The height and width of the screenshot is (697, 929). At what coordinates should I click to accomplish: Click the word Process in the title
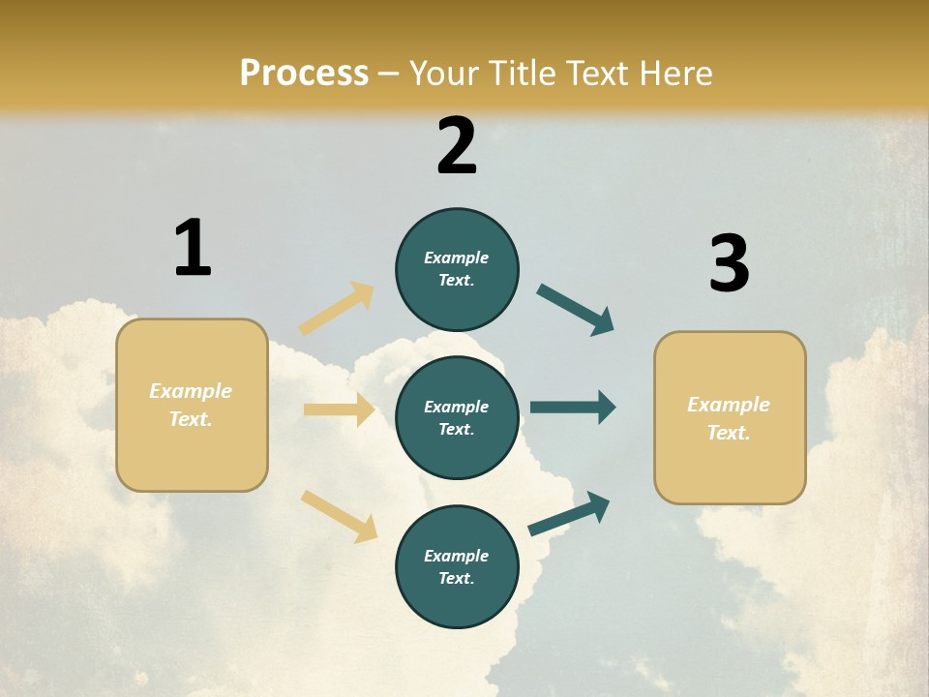(304, 74)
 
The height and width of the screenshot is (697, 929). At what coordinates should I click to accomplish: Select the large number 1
(193, 248)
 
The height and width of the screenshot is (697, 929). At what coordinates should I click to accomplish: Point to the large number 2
(457, 146)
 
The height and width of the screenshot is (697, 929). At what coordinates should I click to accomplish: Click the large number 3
(729, 264)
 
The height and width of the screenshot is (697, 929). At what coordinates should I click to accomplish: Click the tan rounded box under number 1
(192, 405)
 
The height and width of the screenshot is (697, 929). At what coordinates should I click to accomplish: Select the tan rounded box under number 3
(730, 418)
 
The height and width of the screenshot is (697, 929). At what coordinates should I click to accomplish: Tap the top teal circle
(457, 269)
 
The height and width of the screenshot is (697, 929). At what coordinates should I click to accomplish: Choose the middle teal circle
(457, 417)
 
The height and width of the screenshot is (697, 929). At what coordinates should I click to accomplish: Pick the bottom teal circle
(457, 566)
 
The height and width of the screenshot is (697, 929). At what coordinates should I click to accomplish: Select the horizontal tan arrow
(339, 409)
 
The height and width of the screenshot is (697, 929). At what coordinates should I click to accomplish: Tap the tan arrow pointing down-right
(339, 516)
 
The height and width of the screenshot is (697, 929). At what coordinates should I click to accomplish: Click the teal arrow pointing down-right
(576, 310)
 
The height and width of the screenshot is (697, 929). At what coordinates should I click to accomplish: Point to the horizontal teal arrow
(573, 407)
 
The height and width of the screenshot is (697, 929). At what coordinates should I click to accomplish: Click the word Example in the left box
(191, 391)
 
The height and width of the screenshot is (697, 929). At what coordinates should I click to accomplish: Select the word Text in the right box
(728, 433)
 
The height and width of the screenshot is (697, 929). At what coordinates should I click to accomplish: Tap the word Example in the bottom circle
(456, 556)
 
